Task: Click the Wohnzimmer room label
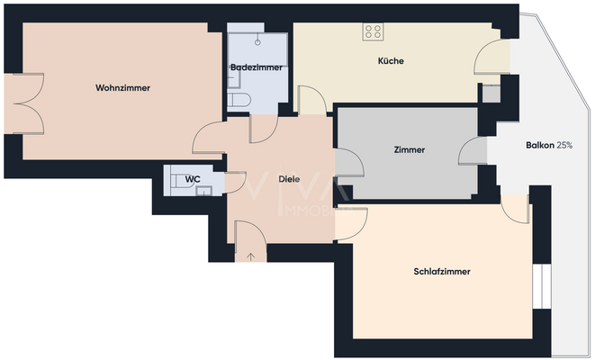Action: pos(122,88)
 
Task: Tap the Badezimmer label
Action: pos(257,67)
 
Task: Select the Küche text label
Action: pos(391,61)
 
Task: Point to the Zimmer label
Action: pos(409,150)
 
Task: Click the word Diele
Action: pos(288,178)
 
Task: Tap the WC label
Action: pos(192,179)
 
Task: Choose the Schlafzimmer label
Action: pos(443,271)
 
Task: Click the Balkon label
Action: pos(539,146)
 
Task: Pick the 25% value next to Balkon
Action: pos(565,146)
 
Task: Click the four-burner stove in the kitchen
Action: pos(373,32)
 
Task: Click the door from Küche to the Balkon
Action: pos(492,61)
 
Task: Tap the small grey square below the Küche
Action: pos(491,93)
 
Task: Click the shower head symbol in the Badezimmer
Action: pos(259,41)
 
